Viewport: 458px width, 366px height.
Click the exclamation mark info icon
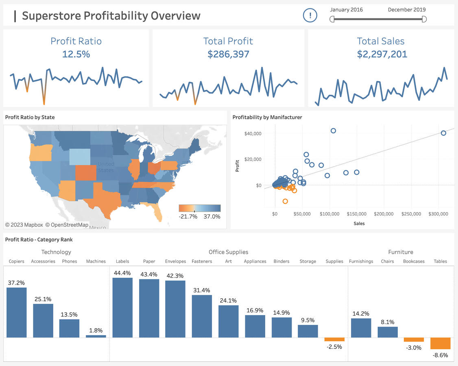coord(310,16)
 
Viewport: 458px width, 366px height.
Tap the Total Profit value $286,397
coord(228,54)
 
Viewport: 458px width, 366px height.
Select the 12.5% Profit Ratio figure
coord(76,54)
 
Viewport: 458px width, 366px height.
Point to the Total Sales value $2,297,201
coord(382,54)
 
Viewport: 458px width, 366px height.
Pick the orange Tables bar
coord(441,343)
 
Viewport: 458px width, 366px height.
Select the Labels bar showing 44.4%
coord(122,307)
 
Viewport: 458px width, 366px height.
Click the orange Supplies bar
coord(334,339)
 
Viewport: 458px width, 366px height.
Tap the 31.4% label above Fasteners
coord(202,290)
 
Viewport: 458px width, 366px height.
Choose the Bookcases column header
coord(413,261)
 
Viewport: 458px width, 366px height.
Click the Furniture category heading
coord(401,252)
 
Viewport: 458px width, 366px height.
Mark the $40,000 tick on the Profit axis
coord(253,133)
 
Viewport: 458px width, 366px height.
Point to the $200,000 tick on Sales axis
coord(384,213)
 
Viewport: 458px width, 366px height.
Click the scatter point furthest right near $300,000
coord(443,133)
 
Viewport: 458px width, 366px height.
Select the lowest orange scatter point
coord(285,201)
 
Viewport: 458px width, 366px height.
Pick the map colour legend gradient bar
coord(199,208)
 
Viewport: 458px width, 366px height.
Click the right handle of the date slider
coord(424,19)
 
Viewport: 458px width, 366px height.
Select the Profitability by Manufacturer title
coord(267,118)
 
